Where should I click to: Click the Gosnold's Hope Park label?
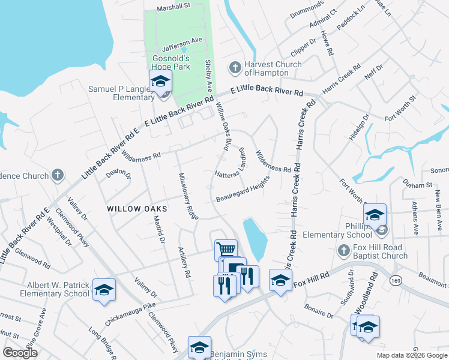[170, 62]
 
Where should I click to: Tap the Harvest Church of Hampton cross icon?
[235, 67]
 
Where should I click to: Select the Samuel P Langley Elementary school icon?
[160, 82]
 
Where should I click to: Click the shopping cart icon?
[226, 250]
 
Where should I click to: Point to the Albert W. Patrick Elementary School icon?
[104, 290]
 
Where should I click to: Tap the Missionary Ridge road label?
[188, 196]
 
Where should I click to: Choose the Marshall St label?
[173, 8]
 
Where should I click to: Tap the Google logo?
[20, 353]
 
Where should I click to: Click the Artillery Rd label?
[184, 262]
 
